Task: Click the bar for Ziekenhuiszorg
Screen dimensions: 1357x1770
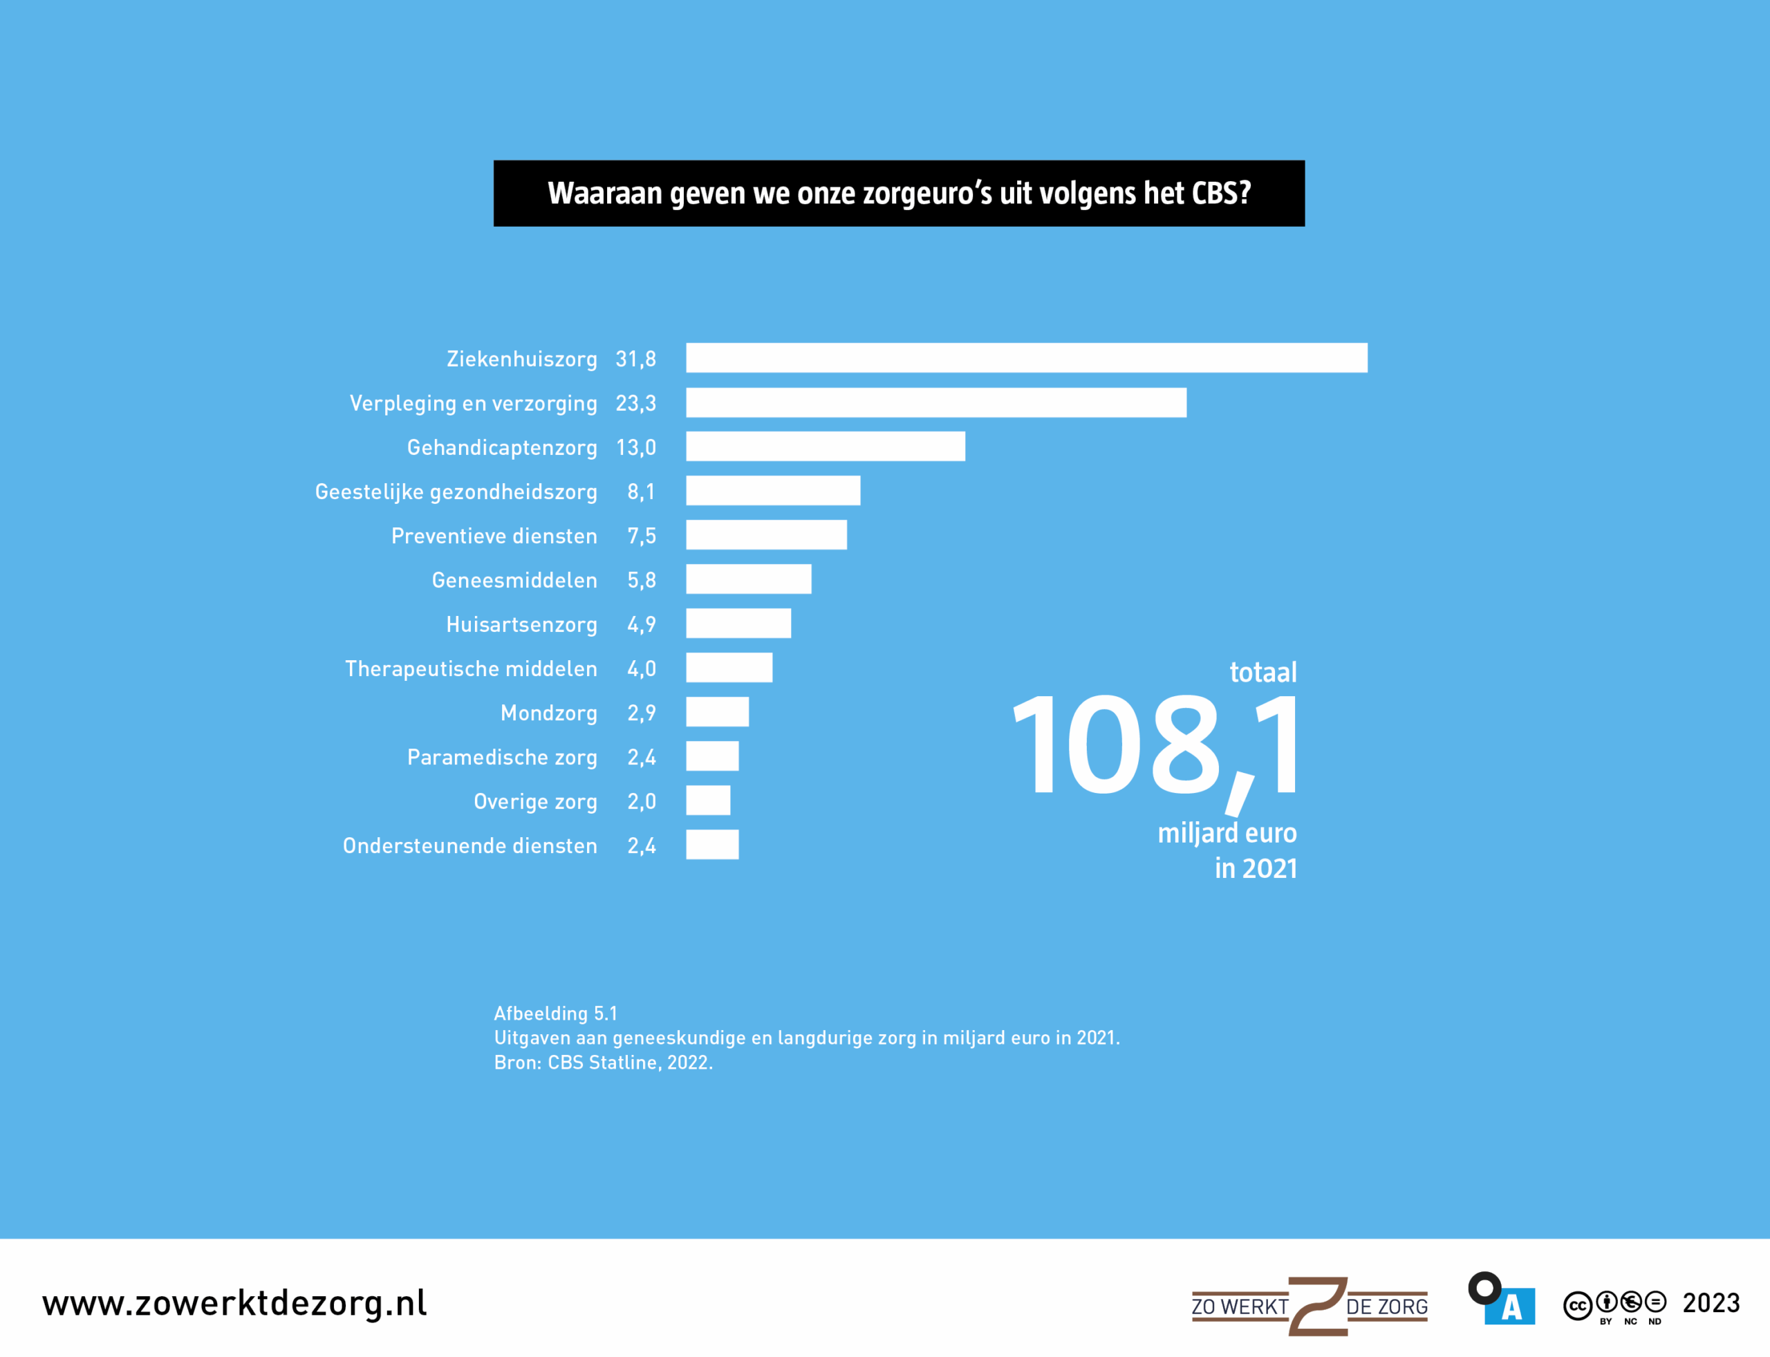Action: [x=1026, y=358]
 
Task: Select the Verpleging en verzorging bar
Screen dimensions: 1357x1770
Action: [x=935, y=402]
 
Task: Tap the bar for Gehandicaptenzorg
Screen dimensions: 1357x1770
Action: [x=825, y=447]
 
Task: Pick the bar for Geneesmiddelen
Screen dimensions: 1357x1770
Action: [x=748, y=579]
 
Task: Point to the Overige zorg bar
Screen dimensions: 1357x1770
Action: [x=708, y=801]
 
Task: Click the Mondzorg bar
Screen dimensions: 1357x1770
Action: [x=716, y=713]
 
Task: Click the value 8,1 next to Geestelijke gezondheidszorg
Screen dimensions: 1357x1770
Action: [x=641, y=491]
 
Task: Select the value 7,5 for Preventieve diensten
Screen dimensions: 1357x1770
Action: [x=641, y=536]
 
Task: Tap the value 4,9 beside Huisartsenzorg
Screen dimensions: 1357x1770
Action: [x=641, y=624]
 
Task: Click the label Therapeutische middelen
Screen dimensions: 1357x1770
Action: [x=471, y=668]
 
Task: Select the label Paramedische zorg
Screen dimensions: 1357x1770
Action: [x=502, y=757]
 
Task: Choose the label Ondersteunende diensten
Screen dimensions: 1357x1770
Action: [x=469, y=845]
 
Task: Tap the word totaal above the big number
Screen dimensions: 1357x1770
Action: [x=1262, y=672]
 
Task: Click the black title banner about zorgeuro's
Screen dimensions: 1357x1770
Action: [x=898, y=193]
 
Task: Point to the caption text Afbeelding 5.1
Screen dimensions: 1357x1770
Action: [x=556, y=1013]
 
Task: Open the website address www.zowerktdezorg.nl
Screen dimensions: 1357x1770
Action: [x=234, y=1303]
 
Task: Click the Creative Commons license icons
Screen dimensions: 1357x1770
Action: [x=1614, y=1304]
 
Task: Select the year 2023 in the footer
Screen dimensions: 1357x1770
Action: [x=1711, y=1303]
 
